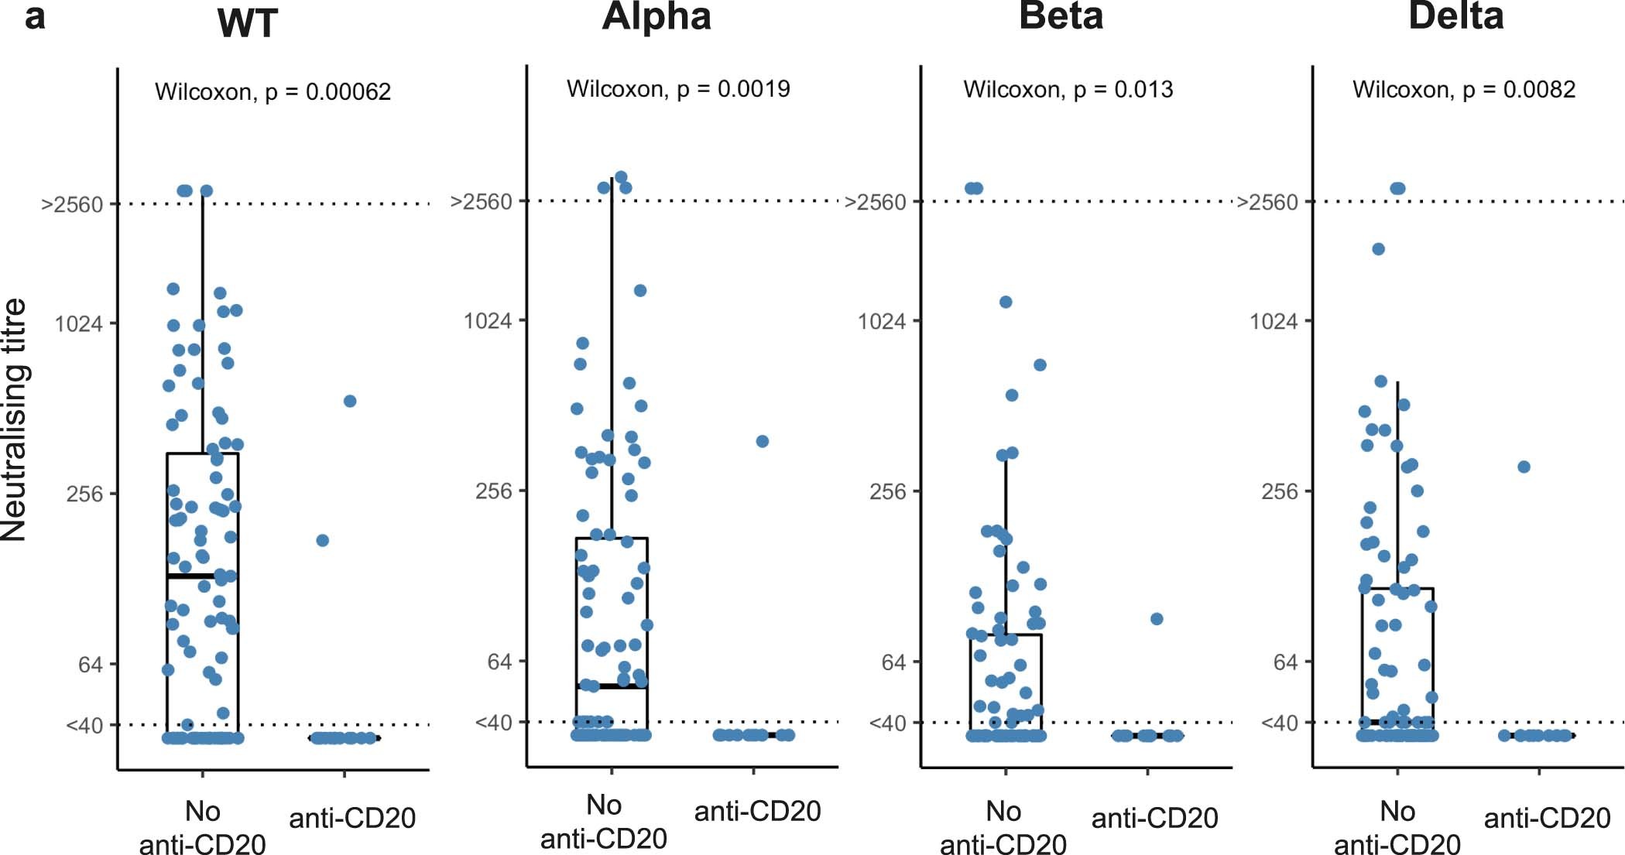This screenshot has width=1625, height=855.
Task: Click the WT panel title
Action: [x=247, y=23]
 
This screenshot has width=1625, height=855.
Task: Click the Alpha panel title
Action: [x=657, y=17]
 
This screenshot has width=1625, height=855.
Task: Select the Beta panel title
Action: [x=1061, y=17]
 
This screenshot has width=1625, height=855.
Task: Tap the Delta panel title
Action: [x=1455, y=17]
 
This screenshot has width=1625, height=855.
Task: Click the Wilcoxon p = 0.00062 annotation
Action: [x=273, y=92]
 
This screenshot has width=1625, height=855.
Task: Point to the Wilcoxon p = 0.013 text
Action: [x=1068, y=90]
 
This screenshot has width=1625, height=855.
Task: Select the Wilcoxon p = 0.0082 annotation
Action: [x=1463, y=90]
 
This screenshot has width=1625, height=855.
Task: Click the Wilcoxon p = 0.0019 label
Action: [x=678, y=89]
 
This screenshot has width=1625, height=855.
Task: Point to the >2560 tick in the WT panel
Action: [x=72, y=204]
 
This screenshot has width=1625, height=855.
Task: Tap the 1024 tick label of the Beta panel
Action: [x=881, y=320]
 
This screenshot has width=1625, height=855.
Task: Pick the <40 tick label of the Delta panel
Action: [x=1279, y=723]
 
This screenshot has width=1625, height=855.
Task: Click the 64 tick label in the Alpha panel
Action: [x=499, y=662]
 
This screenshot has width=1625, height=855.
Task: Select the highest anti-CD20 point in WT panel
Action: [x=350, y=401]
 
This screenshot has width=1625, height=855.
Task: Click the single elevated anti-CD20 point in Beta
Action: [x=1157, y=619]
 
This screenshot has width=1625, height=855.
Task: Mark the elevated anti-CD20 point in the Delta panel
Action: [x=1524, y=467]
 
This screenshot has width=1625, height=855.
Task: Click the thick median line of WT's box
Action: [x=202, y=576]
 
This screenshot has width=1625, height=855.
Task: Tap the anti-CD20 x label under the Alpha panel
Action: [x=757, y=811]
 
